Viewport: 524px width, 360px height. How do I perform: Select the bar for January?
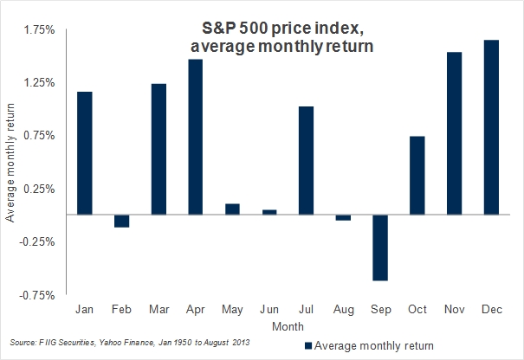[x=85, y=152]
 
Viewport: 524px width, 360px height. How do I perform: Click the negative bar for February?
[x=121, y=221]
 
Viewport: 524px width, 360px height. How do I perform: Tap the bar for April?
[x=195, y=137]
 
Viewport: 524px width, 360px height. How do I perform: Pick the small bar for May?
[x=232, y=209]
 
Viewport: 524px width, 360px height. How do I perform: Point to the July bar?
[x=306, y=160]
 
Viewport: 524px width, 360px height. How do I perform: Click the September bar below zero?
[x=379, y=247]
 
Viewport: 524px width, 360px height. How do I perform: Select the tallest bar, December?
[x=490, y=126]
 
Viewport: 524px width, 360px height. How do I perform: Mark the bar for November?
[x=453, y=133]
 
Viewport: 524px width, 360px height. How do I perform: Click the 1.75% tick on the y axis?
[x=39, y=30]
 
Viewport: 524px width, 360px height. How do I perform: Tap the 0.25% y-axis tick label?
[x=39, y=189]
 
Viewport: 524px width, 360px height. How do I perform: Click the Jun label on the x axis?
[x=268, y=309]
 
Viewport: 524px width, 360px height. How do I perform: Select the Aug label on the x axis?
[x=342, y=309]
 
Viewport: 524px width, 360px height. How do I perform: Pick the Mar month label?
[x=158, y=309]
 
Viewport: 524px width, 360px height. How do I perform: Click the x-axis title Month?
[x=288, y=326]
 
